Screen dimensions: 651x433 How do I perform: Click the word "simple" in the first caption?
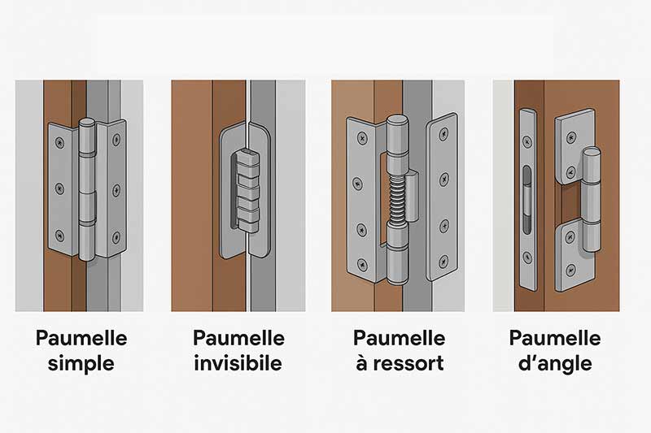click(81, 364)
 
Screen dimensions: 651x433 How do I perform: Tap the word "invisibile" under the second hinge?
click(238, 363)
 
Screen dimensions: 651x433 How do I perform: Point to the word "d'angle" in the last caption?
click(555, 364)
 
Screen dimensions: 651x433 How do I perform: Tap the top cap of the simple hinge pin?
click(87, 123)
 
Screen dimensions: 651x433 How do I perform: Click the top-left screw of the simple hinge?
click(59, 143)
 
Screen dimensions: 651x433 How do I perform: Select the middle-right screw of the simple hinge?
click(116, 190)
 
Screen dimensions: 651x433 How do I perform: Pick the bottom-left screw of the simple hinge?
click(59, 236)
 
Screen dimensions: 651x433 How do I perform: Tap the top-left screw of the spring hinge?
click(362, 137)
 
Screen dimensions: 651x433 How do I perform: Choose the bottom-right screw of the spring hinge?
click(443, 262)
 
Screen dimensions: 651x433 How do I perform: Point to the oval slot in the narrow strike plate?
click(526, 199)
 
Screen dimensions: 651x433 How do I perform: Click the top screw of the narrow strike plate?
click(526, 141)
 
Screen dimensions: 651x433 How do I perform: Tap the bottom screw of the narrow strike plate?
click(526, 258)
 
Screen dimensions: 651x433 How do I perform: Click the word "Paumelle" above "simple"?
click(81, 338)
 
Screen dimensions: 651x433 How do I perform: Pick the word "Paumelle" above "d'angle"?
click(555, 338)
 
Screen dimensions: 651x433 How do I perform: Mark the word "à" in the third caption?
click(361, 363)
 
